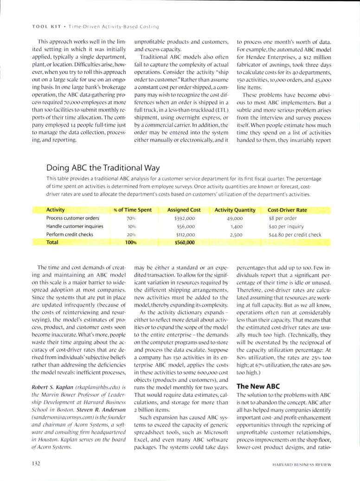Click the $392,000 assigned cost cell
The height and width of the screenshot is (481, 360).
pos(184,218)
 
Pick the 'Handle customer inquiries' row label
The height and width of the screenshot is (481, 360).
pos(75,226)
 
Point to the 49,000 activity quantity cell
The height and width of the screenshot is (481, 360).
pos(236,218)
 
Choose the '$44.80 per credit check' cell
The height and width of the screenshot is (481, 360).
pos(295,235)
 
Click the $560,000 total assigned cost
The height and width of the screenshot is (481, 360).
pos(184,243)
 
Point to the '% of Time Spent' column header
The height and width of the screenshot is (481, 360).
pos(132,210)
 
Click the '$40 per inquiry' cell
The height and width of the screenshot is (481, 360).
pos(286,226)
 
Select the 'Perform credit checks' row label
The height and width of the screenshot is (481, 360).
pos(70,235)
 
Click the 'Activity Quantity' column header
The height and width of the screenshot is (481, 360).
pos(235,210)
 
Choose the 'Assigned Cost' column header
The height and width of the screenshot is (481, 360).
pos(184,210)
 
